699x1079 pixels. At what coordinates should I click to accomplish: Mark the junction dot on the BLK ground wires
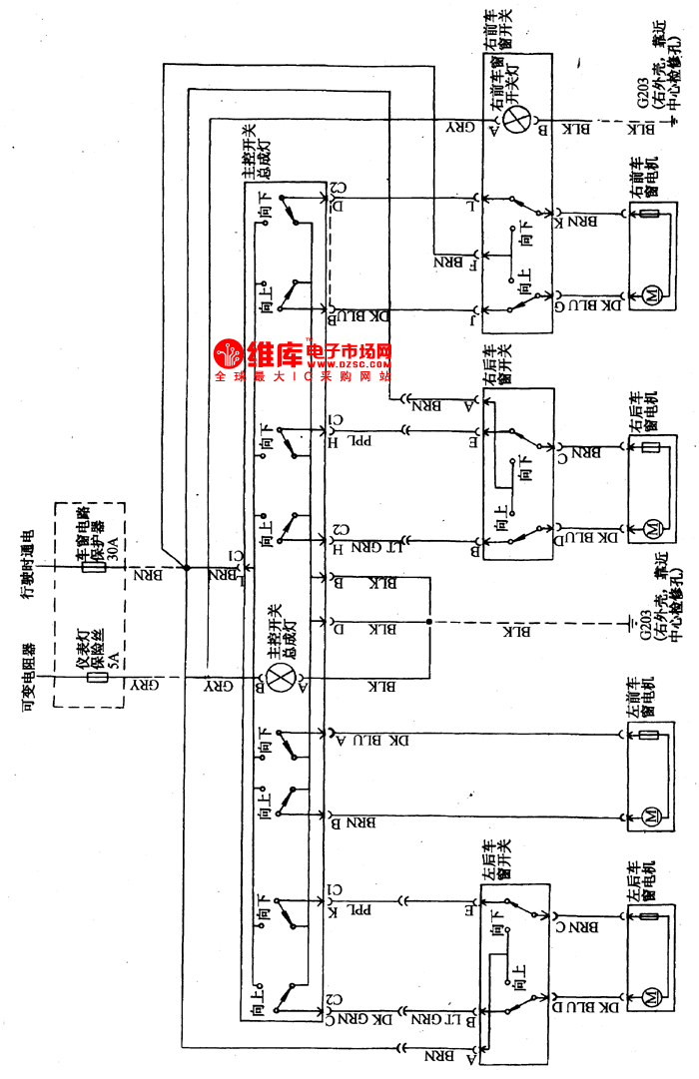[x=429, y=624]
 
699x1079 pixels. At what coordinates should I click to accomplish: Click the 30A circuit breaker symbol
[x=94, y=570]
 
